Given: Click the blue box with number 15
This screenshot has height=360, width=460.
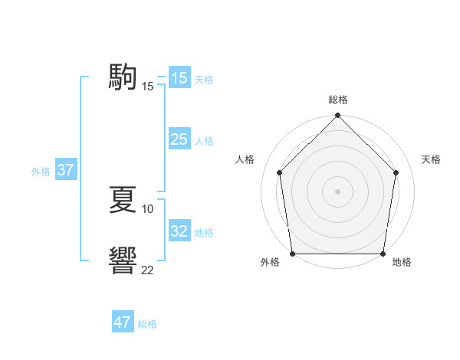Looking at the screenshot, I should (x=179, y=78).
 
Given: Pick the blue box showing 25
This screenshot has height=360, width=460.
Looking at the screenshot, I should (x=179, y=139).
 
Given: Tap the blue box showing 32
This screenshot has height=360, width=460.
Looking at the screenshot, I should (x=179, y=231).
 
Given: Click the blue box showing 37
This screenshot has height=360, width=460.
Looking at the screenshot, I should (x=66, y=170).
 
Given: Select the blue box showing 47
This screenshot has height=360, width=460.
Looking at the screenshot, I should (x=123, y=322).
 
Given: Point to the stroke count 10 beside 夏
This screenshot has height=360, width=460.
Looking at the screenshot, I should (x=148, y=209).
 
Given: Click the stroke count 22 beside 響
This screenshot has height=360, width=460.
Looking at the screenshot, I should (x=148, y=270).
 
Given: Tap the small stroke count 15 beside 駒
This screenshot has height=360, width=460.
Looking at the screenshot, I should (x=148, y=87).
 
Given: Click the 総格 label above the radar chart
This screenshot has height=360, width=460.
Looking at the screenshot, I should (x=338, y=100).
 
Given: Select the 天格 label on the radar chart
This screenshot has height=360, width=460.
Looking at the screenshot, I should (x=431, y=159).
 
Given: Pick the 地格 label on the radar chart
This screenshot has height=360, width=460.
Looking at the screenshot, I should (x=402, y=263).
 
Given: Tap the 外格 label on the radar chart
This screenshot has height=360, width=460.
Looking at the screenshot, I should (x=270, y=263).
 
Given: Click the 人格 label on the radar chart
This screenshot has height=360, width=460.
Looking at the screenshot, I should (x=245, y=159).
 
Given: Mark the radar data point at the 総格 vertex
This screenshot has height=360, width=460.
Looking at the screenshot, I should (x=338, y=116).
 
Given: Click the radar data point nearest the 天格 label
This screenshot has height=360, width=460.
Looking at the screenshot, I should (x=396, y=172).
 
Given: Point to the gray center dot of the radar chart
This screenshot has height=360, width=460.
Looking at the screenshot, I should (x=338, y=191).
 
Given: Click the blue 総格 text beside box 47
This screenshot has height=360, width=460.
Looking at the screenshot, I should (x=147, y=324).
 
